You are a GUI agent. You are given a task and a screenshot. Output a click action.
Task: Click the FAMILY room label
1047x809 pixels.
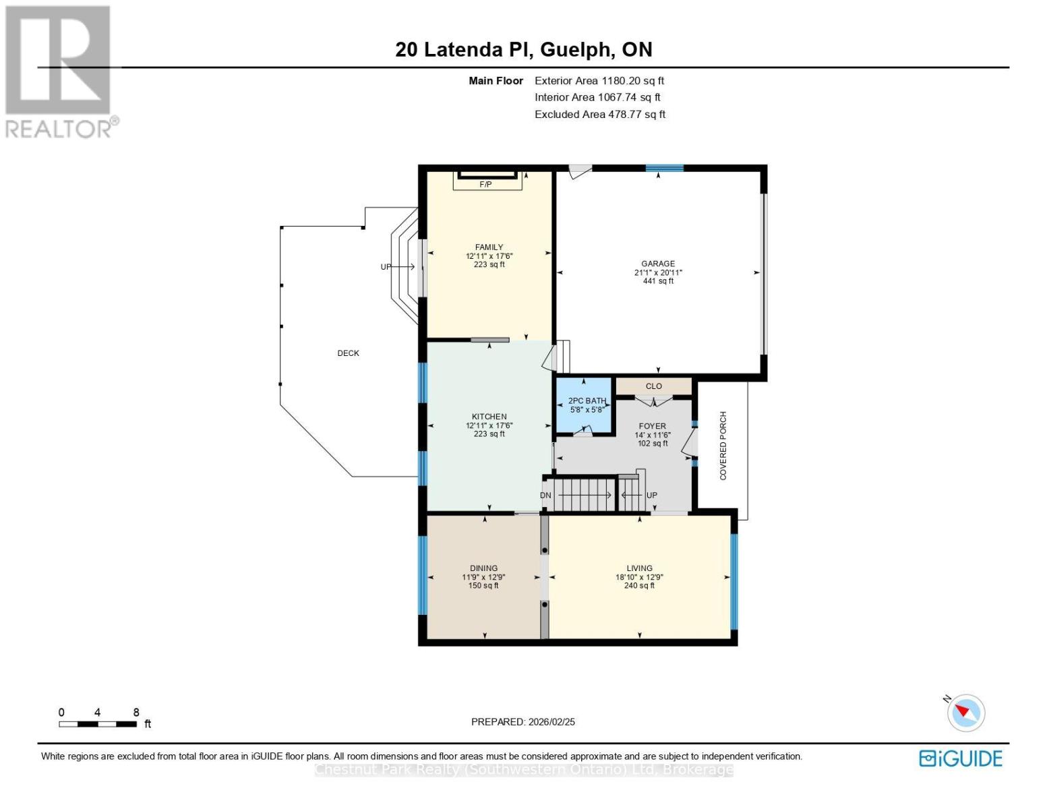click(x=489, y=247)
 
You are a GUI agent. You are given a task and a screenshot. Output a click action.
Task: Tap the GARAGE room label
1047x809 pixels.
click(x=658, y=264)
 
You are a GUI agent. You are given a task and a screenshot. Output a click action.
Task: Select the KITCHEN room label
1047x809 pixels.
click(x=489, y=417)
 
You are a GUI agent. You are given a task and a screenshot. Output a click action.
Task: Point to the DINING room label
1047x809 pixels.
click(x=483, y=568)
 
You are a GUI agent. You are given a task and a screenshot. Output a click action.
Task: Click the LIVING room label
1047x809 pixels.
click(x=639, y=568)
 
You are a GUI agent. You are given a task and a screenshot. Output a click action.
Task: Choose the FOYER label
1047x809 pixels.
click(x=652, y=426)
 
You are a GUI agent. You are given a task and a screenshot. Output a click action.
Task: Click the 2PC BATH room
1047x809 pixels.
click(x=584, y=404)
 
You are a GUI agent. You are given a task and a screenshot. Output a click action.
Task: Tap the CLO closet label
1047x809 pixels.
click(x=654, y=386)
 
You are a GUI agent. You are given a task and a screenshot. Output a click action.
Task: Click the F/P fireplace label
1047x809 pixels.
click(x=485, y=184)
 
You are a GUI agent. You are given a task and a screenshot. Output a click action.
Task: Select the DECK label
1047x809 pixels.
click(x=349, y=353)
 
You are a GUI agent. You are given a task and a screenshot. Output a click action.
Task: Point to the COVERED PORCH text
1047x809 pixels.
click(x=723, y=446)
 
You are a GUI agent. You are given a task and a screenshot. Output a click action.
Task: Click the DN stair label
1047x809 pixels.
click(x=546, y=496)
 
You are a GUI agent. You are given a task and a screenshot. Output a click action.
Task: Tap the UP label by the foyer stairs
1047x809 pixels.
click(x=652, y=496)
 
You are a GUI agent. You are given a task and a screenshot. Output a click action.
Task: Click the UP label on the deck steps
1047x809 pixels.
click(x=386, y=267)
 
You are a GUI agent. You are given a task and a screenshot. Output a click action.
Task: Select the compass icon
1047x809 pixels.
click(x=965, y=713)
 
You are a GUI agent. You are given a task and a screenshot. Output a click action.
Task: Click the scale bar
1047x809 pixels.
click(x=98, y=724)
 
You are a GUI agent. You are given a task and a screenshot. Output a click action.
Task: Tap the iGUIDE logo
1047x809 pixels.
click(x=961, y=758)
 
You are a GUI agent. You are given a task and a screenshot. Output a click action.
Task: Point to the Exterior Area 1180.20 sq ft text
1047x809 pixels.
click(x=599, y=81)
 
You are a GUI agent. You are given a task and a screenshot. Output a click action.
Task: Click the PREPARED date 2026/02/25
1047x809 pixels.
click(x=523, y=722)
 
